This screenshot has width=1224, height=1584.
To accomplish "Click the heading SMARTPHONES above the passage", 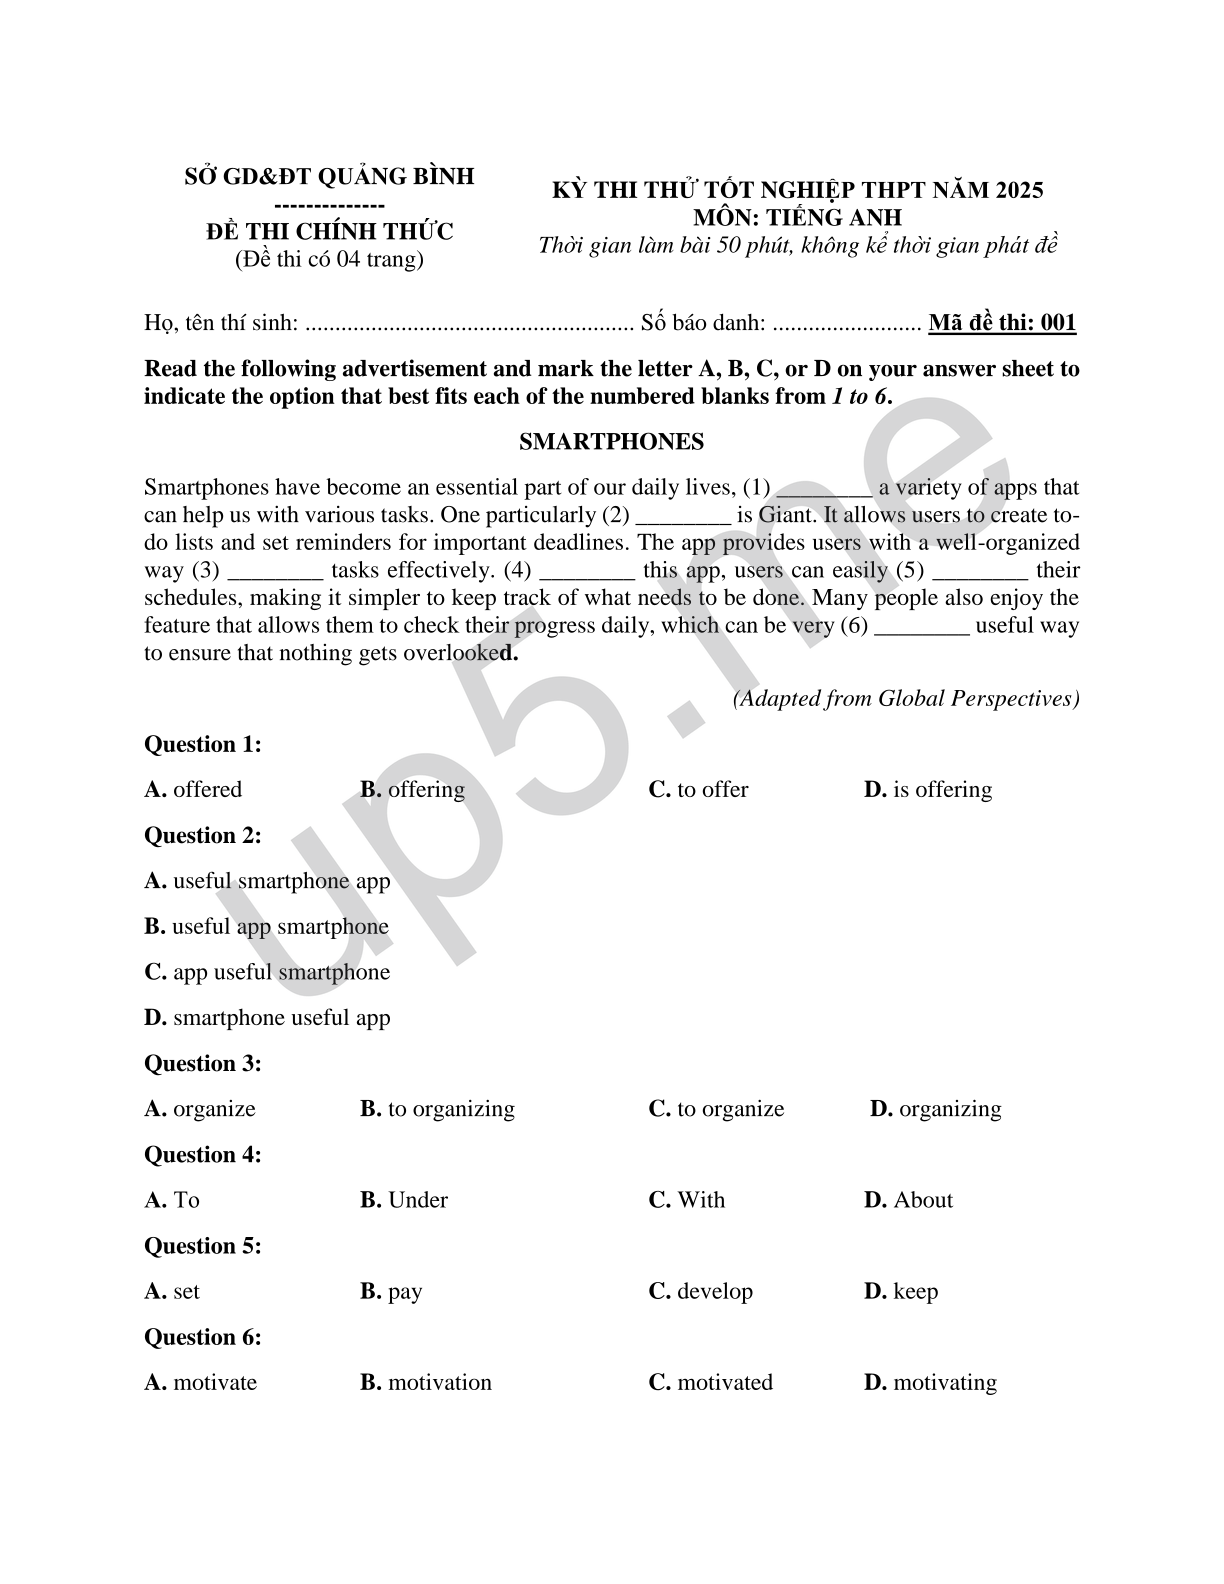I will coord(611,442).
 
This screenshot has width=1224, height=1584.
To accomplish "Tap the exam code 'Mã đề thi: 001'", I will coord(1002,323).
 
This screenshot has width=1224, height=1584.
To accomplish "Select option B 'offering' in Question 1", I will coord(413,790).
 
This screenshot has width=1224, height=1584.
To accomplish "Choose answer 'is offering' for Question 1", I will coord(928,790).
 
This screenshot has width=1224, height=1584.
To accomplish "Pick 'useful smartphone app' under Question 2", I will coord(268,881).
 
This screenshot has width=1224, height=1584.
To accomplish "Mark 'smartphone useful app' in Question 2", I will coord(268,1018).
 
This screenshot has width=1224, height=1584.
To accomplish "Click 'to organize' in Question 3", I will coord(717,1109).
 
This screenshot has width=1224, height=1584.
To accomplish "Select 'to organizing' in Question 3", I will coord(438,1109).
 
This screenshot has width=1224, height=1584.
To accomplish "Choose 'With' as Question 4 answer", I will coord(688,1200).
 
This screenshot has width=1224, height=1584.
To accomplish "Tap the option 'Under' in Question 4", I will coord(405,1200).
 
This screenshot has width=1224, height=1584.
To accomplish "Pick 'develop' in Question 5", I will coord(701,1291).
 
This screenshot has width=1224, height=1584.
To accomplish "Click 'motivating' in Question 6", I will coord(931,1383).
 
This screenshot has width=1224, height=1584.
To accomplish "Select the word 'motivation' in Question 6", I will coord(427,1383).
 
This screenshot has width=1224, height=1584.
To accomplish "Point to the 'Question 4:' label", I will coord(203,1155).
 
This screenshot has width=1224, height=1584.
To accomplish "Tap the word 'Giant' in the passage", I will coord(787,515).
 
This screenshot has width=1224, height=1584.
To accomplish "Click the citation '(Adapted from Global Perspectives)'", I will coord(906,699).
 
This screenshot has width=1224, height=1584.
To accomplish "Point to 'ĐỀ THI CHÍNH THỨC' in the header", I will coord(330,232).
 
